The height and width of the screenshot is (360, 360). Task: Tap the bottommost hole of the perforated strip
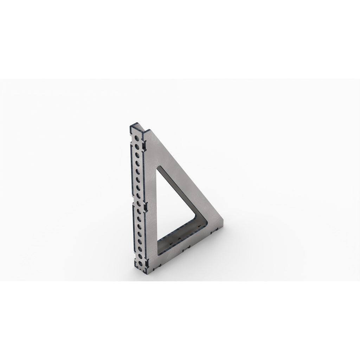pos(141,264)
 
